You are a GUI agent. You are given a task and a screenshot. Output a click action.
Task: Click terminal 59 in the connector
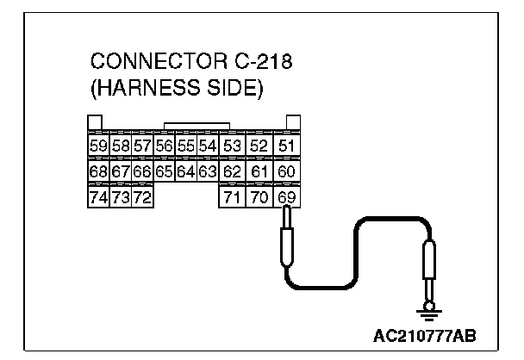tap(98, 146)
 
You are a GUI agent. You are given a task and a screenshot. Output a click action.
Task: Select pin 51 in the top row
tap(286, 146)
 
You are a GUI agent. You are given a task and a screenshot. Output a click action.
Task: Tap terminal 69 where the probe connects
tap(286, 198)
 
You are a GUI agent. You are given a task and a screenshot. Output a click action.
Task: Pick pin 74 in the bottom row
tap(98, 198)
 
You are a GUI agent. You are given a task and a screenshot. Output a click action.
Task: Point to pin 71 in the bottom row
tap(231, 198)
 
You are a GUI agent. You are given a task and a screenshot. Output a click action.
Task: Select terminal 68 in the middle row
tap(98, 171)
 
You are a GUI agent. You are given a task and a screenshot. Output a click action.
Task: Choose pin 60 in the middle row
tap(286, 171)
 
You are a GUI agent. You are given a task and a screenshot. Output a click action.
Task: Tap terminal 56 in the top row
tap(165, 146)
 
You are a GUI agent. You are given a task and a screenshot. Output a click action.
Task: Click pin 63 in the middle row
tap(208, 171)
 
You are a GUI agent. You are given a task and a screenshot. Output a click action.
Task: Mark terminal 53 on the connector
tap(231, 146)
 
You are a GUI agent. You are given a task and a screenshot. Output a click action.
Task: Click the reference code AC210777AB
tap(425, 334)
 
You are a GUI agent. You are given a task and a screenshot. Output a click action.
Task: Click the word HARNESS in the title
tap(151, 88)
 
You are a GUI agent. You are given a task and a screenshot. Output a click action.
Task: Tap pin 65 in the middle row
tap(165, 171)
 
